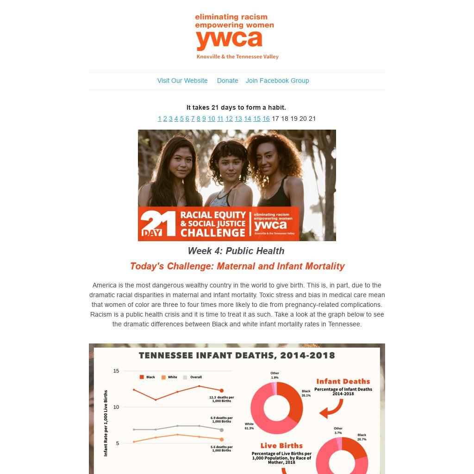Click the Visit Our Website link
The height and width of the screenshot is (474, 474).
[x=182, y=81]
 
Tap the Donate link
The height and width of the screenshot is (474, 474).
[x=227, y=81]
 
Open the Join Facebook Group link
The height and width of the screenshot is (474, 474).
[x=277, y=81]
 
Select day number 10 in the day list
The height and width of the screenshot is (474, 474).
[x=212, y=119]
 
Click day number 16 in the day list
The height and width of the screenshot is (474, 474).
[x=266, y=119]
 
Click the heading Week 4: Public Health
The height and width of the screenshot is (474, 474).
[x=236, y=251]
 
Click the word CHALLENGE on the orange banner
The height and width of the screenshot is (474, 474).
[x=213, y=233]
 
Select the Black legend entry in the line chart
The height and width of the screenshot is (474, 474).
[x=148, y=377]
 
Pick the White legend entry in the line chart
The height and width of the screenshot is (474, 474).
[x=169, y=377]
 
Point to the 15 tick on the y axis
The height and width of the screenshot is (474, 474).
[x=116, y=371]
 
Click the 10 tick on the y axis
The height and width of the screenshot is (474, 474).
[x=116, y=407]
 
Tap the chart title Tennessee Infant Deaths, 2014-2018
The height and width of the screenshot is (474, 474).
[x=237, y=355]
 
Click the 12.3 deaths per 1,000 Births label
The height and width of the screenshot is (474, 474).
[x=222, y=399]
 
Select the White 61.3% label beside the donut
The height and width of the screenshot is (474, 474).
[x=249, y=426]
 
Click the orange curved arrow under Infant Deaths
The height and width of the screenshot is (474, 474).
[x=331, y=409]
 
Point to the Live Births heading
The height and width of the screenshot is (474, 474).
[x=281, y=446]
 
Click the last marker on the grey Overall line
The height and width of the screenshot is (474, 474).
[x=222, y=430]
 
